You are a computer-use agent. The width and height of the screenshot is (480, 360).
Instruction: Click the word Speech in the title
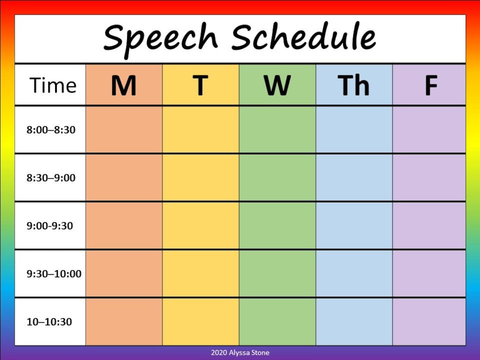(x=160, y=37)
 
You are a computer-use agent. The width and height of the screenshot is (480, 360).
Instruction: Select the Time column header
(x=53, y=85)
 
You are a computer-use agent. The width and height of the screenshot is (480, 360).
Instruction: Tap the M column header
(x=124, y=85)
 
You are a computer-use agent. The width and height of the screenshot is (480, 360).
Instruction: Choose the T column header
(x=200, y=85)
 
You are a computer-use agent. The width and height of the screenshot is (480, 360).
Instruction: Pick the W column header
(x=277, y=85)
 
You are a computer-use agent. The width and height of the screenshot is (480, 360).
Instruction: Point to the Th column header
(x=354, y=85)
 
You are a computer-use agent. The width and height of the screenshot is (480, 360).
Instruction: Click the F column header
(x=431, y=85)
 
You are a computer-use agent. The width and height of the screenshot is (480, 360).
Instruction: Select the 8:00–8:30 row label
(x=51, y=130)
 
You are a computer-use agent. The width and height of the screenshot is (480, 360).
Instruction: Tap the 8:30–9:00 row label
(x=51, y=178)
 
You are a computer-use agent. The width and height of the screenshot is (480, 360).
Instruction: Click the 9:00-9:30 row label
(x=50, y=226)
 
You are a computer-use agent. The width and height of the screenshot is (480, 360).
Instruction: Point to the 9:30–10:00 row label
(x=54, y=274)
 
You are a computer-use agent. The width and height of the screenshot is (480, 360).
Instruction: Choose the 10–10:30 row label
(x=49, y=322)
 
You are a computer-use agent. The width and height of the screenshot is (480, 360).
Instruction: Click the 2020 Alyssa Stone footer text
(x=240, y=353)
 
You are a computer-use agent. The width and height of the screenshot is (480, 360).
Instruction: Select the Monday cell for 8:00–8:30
(x=124, y=130)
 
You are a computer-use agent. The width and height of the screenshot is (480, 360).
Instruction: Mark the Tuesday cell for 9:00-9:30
(x=200, y=226)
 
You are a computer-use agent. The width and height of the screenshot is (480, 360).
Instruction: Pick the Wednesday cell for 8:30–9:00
(x=277, y=178)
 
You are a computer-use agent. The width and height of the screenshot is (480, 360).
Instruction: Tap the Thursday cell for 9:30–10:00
(x=354, y=274)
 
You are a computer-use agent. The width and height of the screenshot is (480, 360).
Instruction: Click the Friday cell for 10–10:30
(x=429, y=322)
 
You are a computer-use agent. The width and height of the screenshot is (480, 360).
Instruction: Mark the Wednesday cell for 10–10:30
(x=277, y=322)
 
